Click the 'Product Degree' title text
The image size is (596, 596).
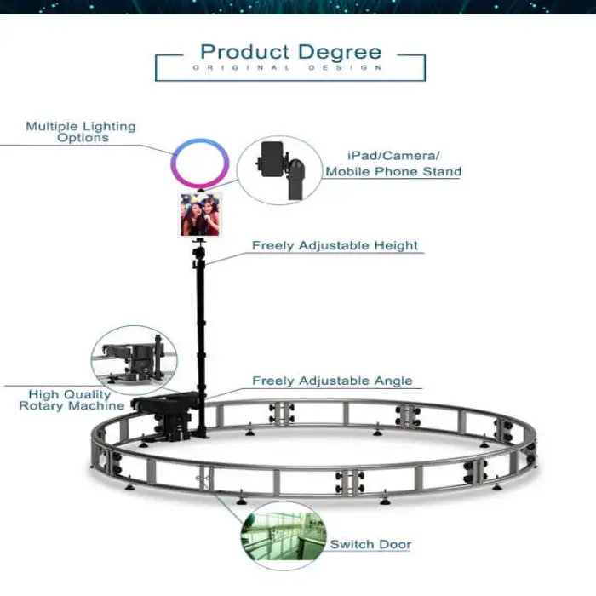291,53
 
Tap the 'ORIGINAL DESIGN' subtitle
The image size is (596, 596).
288,67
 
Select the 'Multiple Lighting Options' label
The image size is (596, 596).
81,131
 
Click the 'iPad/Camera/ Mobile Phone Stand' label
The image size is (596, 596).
393,163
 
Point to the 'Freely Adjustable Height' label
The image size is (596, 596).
335,245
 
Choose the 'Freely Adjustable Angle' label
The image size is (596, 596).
332,381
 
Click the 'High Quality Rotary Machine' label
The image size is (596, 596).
72,400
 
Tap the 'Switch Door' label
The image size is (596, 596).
370,544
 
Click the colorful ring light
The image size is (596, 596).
200,163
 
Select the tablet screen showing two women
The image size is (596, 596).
200,215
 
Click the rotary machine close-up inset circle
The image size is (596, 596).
135,361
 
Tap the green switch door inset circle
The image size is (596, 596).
284,536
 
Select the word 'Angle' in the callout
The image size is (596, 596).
393,381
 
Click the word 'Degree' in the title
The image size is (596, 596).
340,53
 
